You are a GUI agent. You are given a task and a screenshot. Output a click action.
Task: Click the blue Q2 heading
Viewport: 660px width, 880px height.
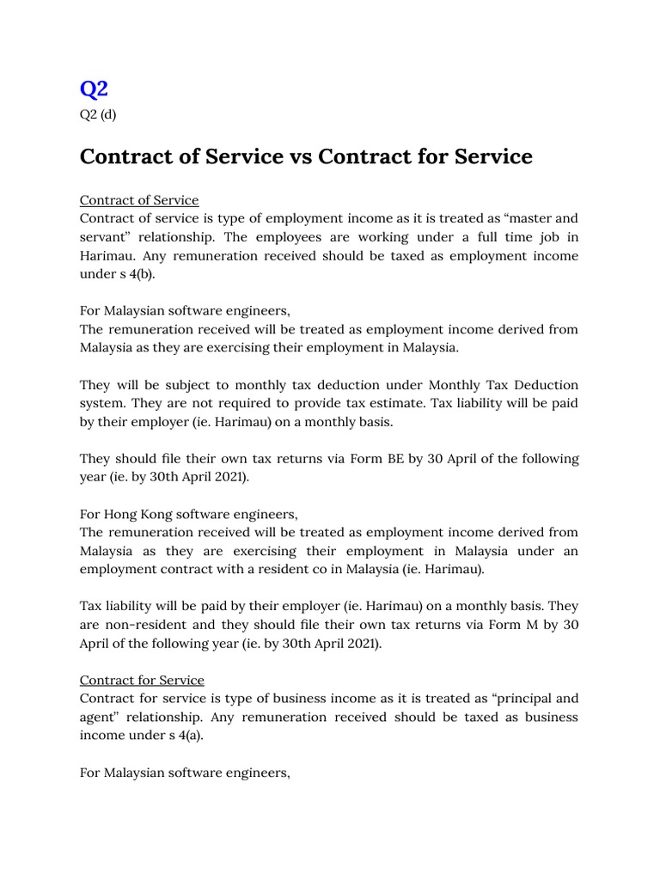click(94, 89)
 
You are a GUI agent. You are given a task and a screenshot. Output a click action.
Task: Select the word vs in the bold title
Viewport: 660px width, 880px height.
click(300, 156)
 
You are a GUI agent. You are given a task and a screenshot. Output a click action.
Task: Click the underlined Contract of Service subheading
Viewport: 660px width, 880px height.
click(139, 200)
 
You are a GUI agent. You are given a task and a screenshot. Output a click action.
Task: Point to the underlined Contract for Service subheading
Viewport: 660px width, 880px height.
click(142, 680)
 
